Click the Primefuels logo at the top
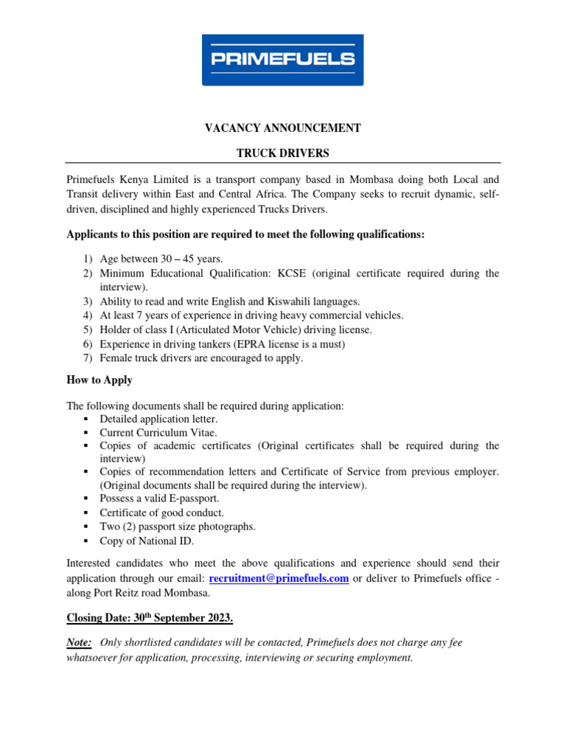coord(282,60)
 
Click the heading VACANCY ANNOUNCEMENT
coord(282,128)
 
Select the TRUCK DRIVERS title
coord(282,153)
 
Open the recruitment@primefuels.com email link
coord(279,579)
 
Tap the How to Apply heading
coord(99,380)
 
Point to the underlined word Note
coord(79,643)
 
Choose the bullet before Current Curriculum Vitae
coord(86,433)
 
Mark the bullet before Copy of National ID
coord(86,541)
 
